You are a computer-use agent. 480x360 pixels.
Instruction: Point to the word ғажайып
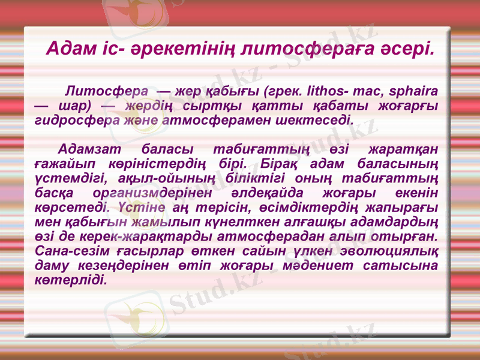pos(66,164)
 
